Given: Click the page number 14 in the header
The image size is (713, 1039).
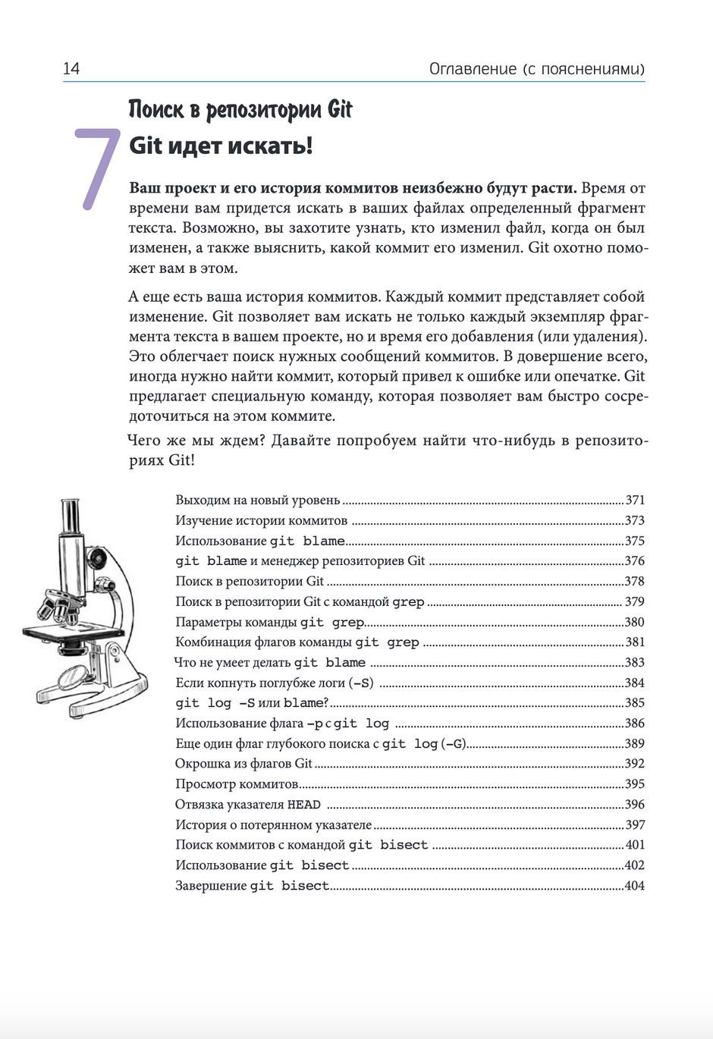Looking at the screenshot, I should tap(71, 69).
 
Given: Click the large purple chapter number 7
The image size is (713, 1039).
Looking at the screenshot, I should tap(96, 168).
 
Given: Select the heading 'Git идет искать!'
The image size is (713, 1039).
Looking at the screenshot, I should tap(220, 145).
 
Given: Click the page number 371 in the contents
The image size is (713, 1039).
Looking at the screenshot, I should tap(635, 501).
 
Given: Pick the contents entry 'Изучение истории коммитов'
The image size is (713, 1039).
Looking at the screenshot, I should tap(261, 521).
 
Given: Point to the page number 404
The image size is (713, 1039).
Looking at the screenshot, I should tap(634, 886).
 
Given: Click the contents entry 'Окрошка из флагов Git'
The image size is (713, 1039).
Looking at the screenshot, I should tap(243, 764).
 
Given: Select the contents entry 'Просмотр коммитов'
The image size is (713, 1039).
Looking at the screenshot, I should tap(237, 784).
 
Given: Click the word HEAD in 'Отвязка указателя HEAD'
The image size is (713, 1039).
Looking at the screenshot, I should tap(303, 805).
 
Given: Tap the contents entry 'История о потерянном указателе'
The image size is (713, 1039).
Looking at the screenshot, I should tap(273, 825).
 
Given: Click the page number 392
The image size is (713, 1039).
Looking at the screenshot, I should tap(634, 764).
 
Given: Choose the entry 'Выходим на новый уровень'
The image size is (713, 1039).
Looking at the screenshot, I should tap(258, 501).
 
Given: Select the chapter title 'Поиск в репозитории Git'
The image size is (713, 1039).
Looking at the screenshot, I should tap(240, 110).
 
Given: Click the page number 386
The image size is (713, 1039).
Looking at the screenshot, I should tap(634, 724).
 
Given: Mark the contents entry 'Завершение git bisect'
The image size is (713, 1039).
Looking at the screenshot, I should tap(252, 886).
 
